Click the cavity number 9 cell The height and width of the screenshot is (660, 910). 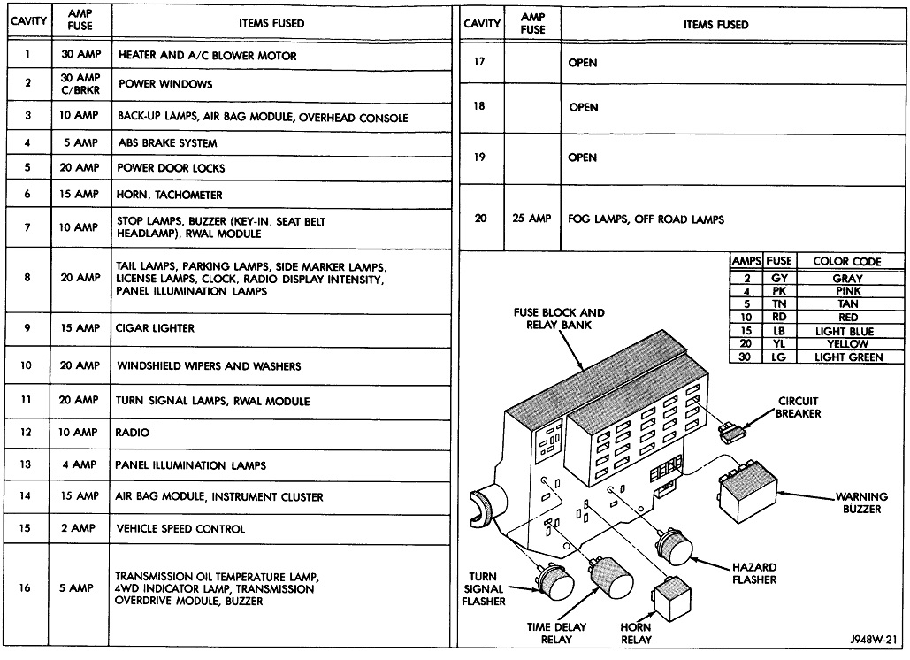[x=27, y=328]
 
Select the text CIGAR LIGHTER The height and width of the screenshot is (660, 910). [x=156, y=328]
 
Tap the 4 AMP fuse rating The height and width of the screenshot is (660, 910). [x=80, y=464]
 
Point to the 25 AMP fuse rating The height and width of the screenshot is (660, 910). [x=531, y=219]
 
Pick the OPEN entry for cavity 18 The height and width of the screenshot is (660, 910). [x=584, y=107]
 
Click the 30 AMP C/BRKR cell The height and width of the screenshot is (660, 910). [x=80, y=84]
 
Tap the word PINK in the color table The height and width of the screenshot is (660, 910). [x=847, y=291]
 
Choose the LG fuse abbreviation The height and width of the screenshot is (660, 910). [x=779, y=357]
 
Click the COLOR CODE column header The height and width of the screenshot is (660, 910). [x=847, y=262]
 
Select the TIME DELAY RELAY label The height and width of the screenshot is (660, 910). [x=557, y=633]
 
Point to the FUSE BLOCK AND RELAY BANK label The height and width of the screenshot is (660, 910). [x=560, y=318]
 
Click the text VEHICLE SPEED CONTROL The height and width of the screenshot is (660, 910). [x=181, y=529]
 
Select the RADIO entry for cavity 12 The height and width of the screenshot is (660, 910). [x=134, y=433]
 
